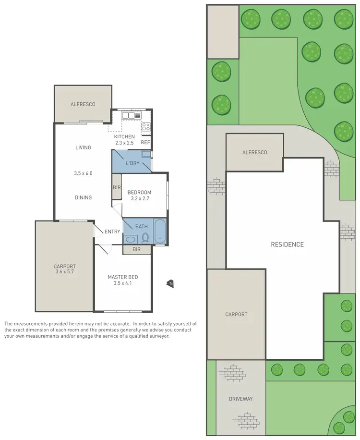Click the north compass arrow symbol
coord(170,284)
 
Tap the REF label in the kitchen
coord(145,142)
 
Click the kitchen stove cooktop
coord(146,127)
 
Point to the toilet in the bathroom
coord(144,238)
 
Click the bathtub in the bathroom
coord(159,231)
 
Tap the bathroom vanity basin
coord(130,239)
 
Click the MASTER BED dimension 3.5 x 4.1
coord(123,283)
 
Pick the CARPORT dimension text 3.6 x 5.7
coord(65,272)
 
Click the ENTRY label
coord(112,232)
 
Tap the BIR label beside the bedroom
coord(117,187)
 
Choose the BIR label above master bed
coord(136,250)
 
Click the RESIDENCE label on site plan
coord(287,244)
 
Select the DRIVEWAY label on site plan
coord(241,399)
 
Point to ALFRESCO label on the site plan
coord(254,152)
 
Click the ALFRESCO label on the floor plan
coord(83,104)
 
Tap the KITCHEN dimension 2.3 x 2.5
coord(124,143)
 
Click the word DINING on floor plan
coord(83,197)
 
